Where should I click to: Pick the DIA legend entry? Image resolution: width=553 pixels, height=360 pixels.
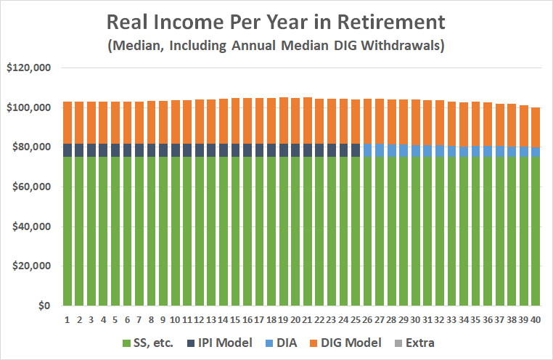[x=297, y=342]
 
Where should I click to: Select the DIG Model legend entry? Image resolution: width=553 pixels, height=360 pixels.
[x=360, y=342]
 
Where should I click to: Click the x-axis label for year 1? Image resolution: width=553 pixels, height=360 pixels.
[x=67, y=319]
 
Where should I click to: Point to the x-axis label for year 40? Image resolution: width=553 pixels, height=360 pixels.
[x=536, y=319]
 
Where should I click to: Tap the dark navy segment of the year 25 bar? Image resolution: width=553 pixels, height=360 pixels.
[x=356, y=150]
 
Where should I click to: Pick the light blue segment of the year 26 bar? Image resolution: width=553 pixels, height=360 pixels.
[x=367, y=150]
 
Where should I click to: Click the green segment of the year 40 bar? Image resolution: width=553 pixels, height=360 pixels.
[x=536, y=232]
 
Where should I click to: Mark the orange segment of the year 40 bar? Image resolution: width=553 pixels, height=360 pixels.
[x=536, y=127]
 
